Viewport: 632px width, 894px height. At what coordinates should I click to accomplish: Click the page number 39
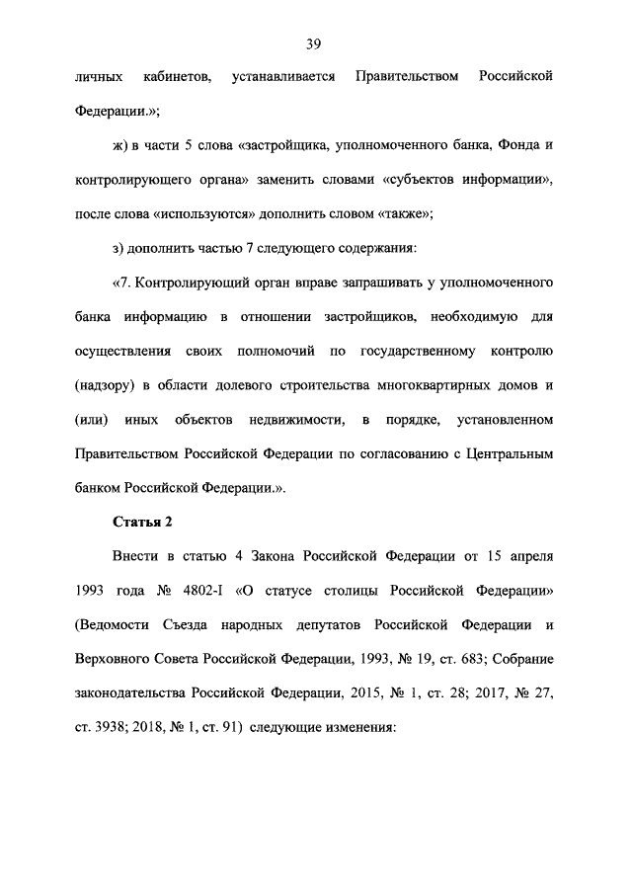(315, 43)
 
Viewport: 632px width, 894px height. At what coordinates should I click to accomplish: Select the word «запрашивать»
(362, 284)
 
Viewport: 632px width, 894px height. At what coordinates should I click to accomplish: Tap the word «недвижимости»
(294, 420)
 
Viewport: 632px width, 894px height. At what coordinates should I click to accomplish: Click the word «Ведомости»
(118, 625)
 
